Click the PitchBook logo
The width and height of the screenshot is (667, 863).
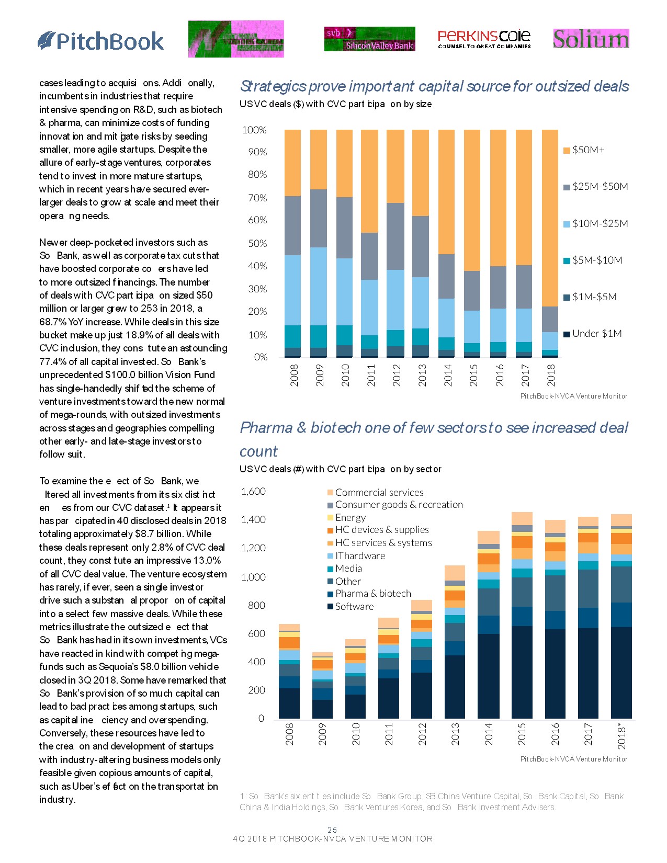(101, 41)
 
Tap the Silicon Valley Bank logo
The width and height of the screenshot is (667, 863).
(369, 39)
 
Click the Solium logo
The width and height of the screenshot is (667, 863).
(591, 39)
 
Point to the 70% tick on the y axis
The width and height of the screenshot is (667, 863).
(257, 198)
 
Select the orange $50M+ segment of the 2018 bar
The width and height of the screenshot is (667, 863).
(550, 218)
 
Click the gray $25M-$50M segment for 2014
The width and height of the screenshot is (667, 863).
(446, 276)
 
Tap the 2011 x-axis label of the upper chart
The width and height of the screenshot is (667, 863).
(371, 375)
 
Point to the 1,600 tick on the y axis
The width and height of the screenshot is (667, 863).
(253, 492)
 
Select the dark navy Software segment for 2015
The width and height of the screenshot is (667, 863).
(522, 672)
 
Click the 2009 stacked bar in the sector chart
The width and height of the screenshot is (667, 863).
(322, 685)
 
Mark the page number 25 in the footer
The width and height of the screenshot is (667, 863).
(332, 830)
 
